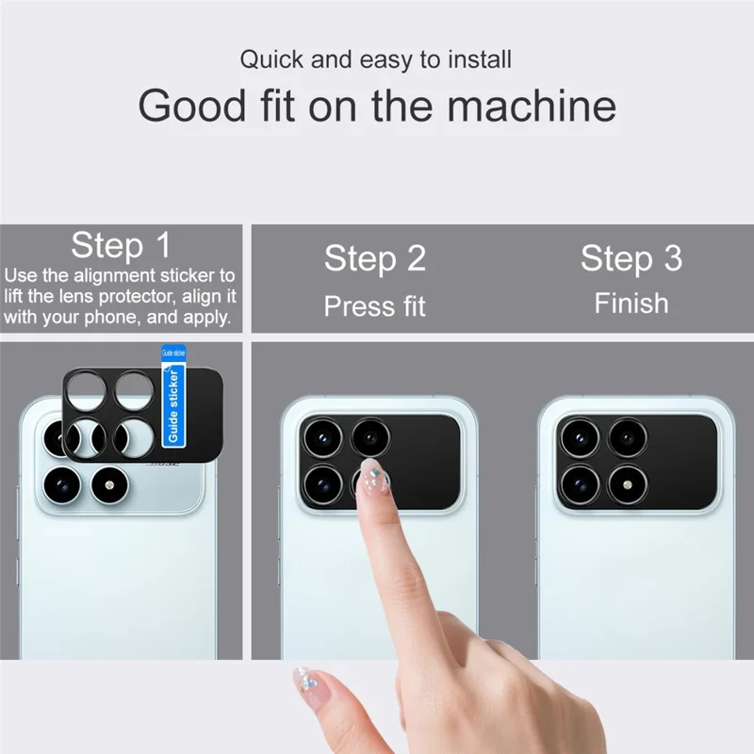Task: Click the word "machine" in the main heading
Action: pos(532,106)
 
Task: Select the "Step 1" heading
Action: pos(122,246)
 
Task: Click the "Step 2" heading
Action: pos(375,258)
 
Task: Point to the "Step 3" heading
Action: pos(631,258)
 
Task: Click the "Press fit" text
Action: pos(375,306)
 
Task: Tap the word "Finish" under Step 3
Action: pos(631,303)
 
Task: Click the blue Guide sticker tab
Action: pos(173,396)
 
